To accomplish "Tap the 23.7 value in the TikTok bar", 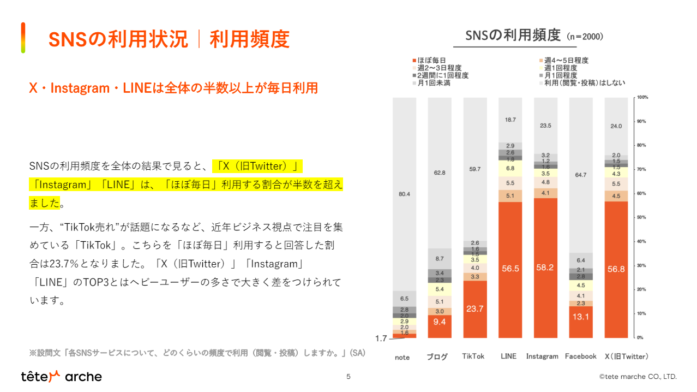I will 474,308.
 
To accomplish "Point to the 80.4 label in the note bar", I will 404,194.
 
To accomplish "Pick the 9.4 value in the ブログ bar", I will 440,322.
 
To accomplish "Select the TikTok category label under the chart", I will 473,357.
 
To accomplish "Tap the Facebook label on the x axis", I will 580,357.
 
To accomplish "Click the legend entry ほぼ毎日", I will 430,61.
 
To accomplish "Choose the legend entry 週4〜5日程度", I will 563,61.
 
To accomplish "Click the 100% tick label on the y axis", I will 642,97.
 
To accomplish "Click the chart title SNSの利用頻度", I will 513,35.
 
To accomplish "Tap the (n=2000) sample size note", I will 585,37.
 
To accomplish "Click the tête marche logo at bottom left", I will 61,376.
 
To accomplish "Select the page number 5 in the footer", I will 348,376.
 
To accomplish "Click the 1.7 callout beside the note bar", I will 381,338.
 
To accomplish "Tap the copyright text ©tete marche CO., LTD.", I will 638,376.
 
